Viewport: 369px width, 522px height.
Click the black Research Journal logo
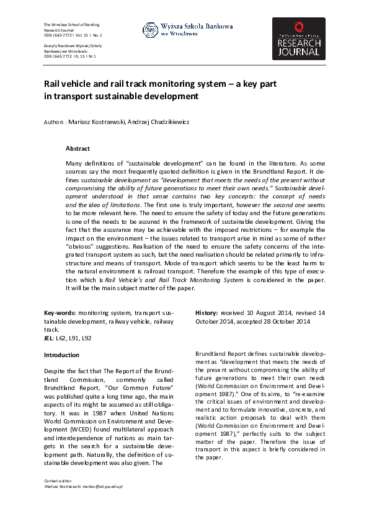point(298,38)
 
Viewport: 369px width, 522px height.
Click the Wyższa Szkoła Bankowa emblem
point(150,29)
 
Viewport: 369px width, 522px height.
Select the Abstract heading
point(78,149)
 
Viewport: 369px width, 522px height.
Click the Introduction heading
point(61,355)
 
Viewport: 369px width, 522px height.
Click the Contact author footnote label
point(58,498)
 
